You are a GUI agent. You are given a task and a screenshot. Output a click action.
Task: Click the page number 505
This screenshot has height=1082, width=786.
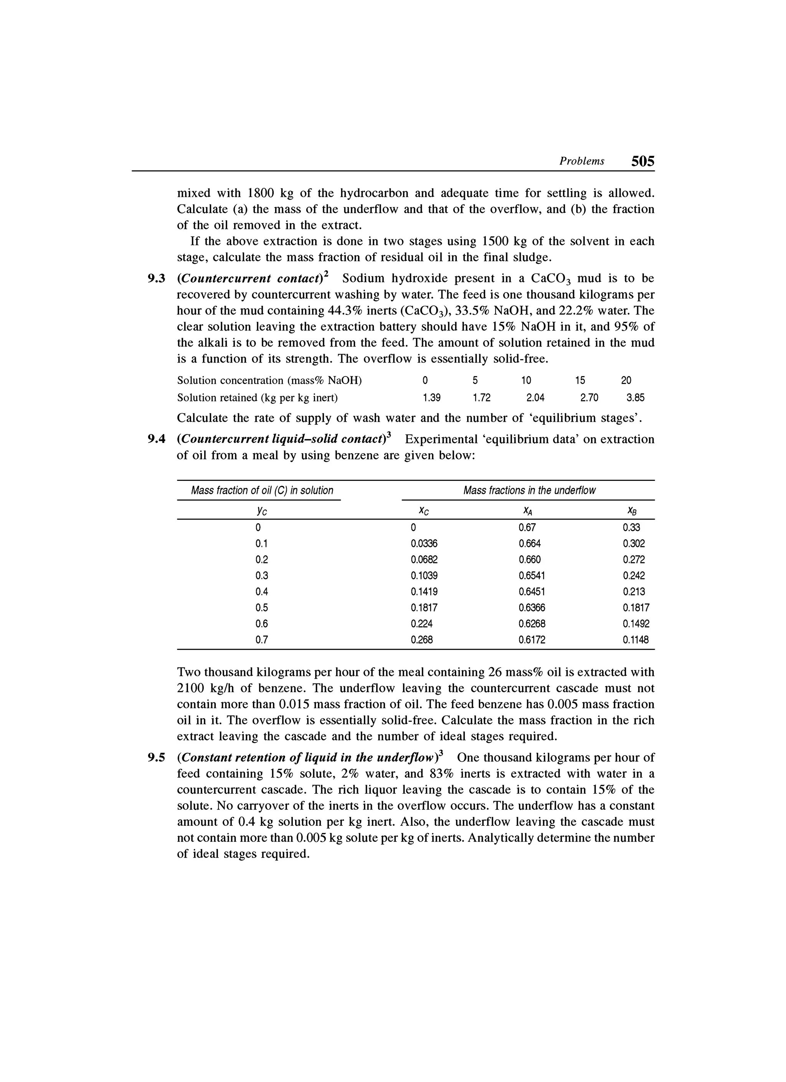pyautogui.click(x=642, y=161)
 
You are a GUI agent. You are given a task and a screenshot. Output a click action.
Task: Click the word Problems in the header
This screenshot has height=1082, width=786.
pyautogui.click(x=581, y=161)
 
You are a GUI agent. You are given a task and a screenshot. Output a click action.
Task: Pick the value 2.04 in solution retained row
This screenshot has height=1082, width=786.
pyautogui.click(x=535, y=398)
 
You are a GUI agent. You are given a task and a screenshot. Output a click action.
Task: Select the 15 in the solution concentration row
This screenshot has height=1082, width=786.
pyautogui.click(x=580, y=380)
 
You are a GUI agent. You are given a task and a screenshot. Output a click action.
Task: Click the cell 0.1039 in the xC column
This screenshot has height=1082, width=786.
pyautogui.click(x=424, y=575)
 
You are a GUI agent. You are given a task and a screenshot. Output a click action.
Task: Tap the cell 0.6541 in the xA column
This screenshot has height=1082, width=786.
pyautogui.click(x=532, y=575)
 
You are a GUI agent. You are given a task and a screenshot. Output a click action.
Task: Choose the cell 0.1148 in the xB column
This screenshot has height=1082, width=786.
pyautogui.click(x=636, y=640)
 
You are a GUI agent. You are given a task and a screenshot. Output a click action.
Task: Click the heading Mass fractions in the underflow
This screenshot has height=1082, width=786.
pyautogui.click(x=529, y=490)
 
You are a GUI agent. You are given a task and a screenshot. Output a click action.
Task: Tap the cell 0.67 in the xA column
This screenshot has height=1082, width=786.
pyautogui.click(x=527, y=528)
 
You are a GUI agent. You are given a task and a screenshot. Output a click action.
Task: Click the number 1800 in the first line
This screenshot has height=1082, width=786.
pyautogui.click(x=260, y=193)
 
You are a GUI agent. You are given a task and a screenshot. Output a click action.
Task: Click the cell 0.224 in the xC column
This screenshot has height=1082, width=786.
pyautogui.click(x=421, y=623)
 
